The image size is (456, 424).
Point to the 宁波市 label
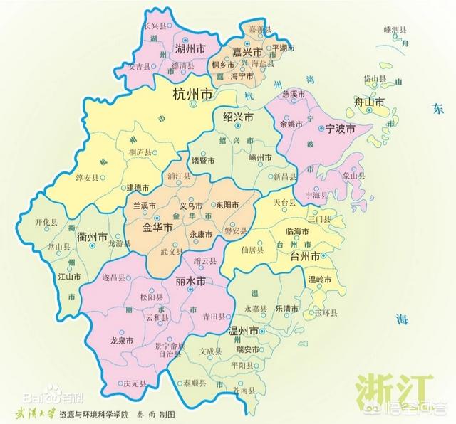coord(339,130)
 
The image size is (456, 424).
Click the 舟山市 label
coord(370,103)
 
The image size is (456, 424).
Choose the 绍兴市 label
coord(238,117)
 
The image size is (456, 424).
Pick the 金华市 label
coord(158,228)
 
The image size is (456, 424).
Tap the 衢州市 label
coord(93,237)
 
